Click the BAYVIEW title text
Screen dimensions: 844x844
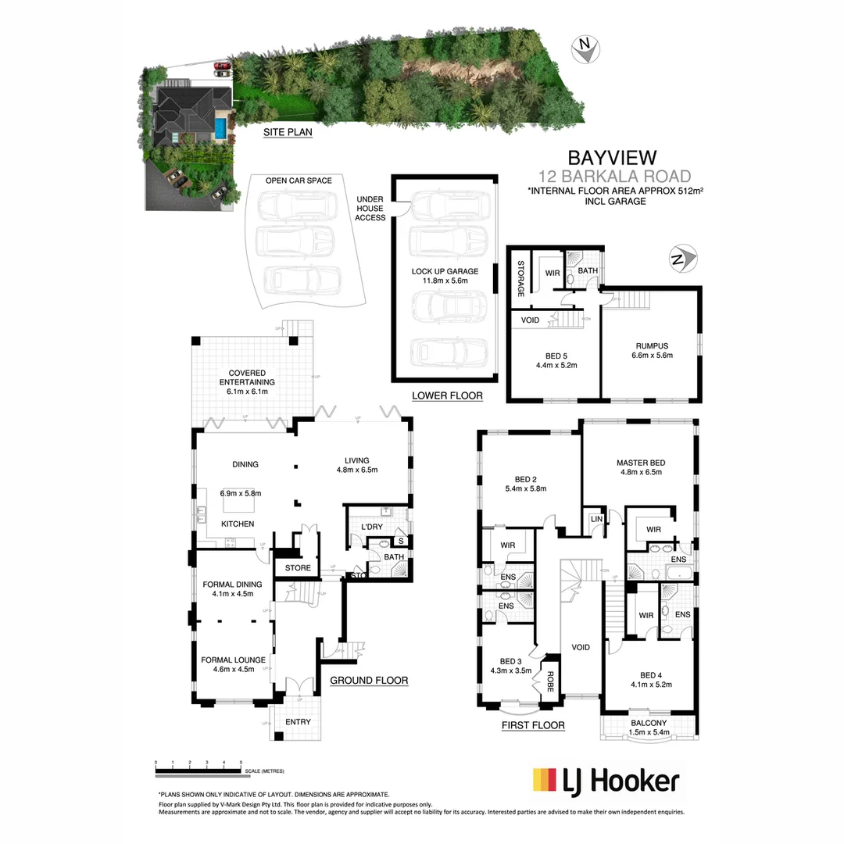(x=611, y=159)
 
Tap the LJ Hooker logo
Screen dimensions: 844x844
(x=605, y=780)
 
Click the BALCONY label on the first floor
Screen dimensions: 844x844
(x=647, y=723)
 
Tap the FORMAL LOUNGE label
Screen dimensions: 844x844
(x=234, y=660)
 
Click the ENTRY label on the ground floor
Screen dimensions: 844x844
(x=297, y=721)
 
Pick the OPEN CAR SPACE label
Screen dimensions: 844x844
(x=299, y=181)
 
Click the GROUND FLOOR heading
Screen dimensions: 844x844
(x=368, y=680)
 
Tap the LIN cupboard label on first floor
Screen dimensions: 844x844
(x=595, y=520)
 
